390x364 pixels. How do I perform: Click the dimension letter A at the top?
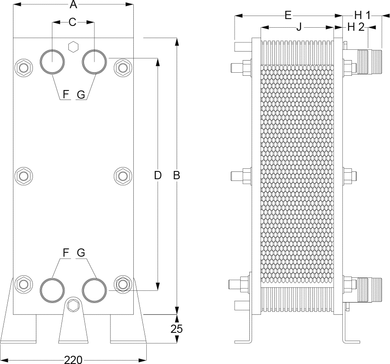click(x=73, y=5)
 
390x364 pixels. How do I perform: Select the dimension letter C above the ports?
click(x=72, y=22)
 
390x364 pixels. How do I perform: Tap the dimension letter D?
click(x=158, y=175)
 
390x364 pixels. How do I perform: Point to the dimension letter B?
click(x=177, y=175)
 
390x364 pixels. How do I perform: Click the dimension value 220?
click(x=73, y=360)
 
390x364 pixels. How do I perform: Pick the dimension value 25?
click(x=177, y=329)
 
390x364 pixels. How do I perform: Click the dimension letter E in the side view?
click(x=288, y=16)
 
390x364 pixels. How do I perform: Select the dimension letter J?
click(x=299, y=27)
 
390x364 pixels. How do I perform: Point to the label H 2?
click(x=355, y=27)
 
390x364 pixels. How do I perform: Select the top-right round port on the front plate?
click(x=94, y=61)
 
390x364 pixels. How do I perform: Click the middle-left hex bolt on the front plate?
click(x=23, y=175)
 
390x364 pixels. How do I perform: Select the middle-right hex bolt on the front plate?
click(x=123, y=175)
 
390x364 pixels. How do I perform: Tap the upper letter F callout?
click(x=66, y=94)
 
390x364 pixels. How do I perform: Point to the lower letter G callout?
click(x=81, y=252)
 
